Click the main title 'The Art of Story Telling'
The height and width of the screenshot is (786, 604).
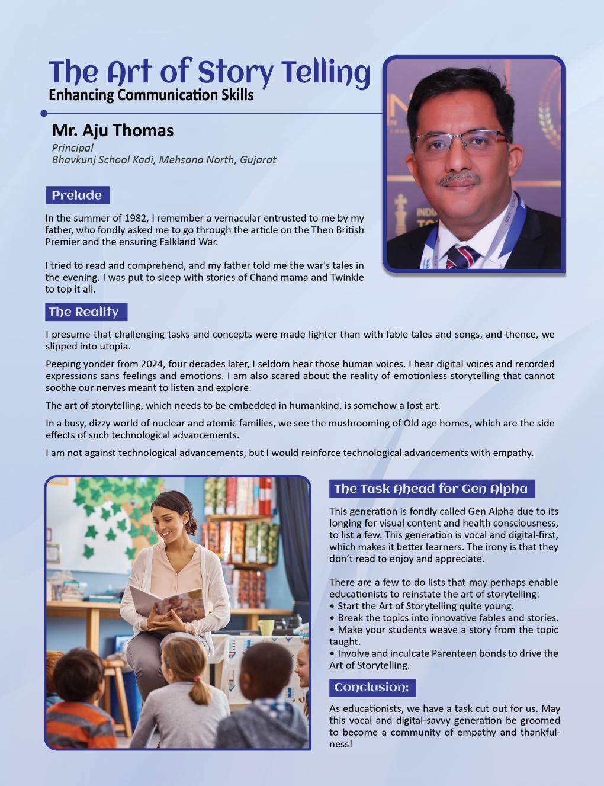(210, 72)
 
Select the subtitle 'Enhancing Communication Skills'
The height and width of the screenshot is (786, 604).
(151, 95)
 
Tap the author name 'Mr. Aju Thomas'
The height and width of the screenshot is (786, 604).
(113, 130)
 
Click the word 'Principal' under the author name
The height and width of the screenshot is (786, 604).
(72, 147)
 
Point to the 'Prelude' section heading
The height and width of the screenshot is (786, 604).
(77, 195)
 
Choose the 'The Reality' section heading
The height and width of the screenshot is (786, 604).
(84, 312)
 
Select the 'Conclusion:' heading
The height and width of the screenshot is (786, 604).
(371, 688)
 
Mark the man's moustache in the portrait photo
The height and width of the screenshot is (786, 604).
(460, 178)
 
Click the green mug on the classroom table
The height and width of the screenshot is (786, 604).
(265, 627)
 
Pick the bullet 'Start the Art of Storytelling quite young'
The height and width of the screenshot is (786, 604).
(422, 606)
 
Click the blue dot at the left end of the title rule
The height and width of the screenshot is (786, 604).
(44, 113)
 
